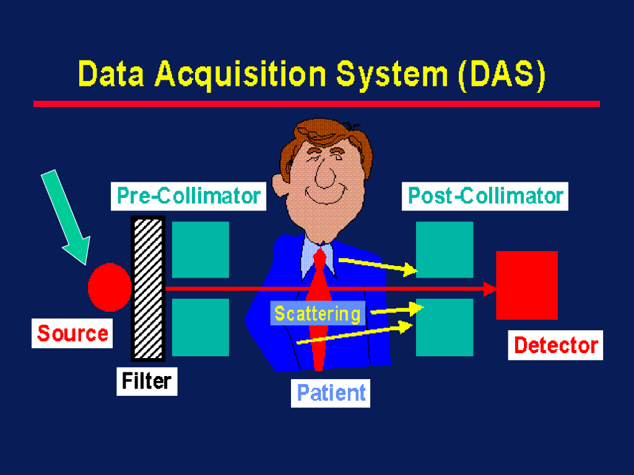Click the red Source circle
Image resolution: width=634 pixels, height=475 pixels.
[x=110, y=287]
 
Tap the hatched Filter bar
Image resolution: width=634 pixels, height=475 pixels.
[x=148, y=288]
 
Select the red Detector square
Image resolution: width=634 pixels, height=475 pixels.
[x=527, y=285]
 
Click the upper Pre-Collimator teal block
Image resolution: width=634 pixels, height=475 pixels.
[x=200, y=249]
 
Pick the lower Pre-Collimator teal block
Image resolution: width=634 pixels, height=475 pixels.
[x=200, y=327]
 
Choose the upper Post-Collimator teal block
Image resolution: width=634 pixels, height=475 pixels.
[x=445, y=249]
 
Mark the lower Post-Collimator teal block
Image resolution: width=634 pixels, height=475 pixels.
[x=445, y=327]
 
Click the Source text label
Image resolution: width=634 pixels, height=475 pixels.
[x=72, y=333]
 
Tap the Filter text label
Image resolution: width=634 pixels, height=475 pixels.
[x=147, y=380]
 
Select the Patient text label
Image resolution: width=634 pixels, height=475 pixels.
[x=331, y=393]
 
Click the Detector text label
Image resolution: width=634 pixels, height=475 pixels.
[x=556, y=345]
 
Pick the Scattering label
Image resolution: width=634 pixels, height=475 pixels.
[x=318, y=314]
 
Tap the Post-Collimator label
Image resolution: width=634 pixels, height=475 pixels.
[x=485, y=196]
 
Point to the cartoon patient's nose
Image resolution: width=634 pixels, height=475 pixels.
[x=323, y=174]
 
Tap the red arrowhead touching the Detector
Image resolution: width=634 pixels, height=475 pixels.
[x=491, y=288]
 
